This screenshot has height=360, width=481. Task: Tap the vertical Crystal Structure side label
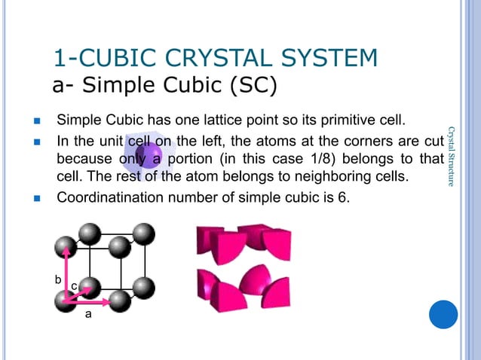click(450, 156)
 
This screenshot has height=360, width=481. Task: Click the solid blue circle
click(443, 313)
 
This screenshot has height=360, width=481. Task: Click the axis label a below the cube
click(87, 316)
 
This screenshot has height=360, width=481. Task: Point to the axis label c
click(74, 287)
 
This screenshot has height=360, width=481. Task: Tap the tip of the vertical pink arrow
click(66, 245)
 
